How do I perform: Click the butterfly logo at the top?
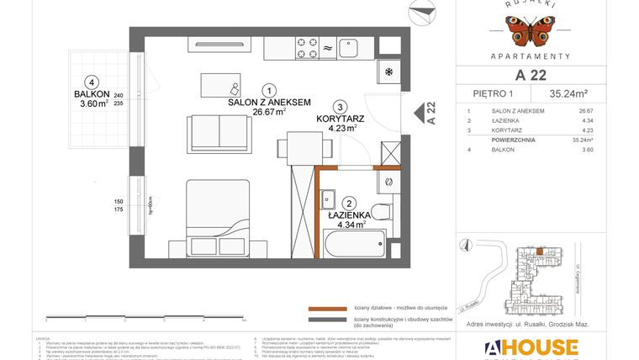point(529,32)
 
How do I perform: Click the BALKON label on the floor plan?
point(90,94)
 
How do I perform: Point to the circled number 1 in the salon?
point(267,90)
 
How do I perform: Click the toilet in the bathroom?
point(383,211)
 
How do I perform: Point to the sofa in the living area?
point(221,130)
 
